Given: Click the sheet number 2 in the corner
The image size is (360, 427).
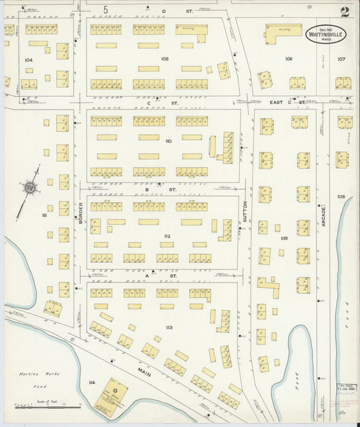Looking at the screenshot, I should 344,11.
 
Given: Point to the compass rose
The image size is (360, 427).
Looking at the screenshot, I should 31,187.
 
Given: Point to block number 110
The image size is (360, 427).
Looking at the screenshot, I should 168,141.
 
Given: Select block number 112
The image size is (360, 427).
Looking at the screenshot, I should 167,236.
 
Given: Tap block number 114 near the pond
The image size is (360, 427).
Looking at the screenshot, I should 91,382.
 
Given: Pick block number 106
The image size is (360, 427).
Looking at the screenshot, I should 288,59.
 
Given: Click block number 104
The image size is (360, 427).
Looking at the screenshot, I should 28,60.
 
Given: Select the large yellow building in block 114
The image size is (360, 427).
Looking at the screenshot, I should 109,397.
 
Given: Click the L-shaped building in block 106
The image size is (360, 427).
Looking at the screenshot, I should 283,31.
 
